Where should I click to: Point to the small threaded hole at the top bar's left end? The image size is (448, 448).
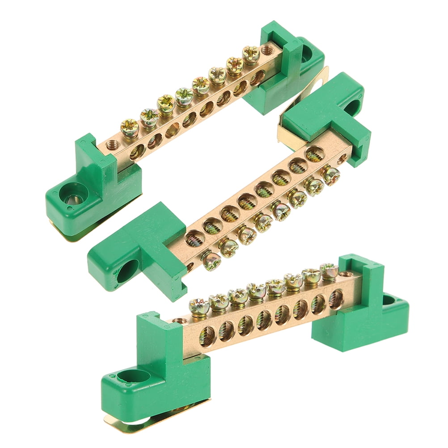pos(112,144)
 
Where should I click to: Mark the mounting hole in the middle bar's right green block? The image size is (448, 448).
pos(353,107)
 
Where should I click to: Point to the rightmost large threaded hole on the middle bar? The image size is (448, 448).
pos(315,153)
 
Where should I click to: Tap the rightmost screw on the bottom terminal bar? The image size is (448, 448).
pos(329,269)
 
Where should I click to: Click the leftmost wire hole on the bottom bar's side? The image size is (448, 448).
pos(208,336)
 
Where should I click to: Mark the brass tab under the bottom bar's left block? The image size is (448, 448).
pos(134,418)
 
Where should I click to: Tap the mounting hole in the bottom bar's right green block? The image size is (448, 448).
pos(388,300)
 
